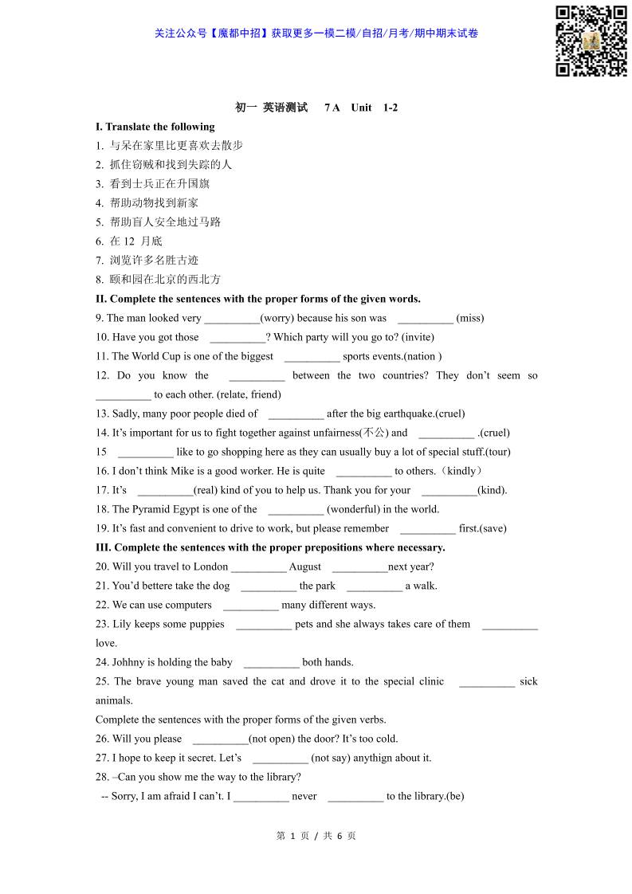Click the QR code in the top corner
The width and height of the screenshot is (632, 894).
click(x=591, y=41)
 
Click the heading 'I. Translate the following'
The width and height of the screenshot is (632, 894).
click(x=155, y=127)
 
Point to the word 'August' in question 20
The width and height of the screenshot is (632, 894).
click(x=305, y=567)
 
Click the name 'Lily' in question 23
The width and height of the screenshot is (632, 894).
click(x=122, y=624)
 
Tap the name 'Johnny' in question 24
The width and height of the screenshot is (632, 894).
click(x=128, y=662)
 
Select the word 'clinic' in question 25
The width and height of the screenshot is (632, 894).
click(x=431, y=681)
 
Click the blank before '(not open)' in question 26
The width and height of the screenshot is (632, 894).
click(x=220, y=739)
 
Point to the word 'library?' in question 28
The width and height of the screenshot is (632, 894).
click(x=282, y=777)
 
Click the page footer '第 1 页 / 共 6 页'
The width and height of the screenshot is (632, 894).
click(x=316, y=836)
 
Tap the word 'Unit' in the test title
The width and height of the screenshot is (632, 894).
click(x=361, y=108)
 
